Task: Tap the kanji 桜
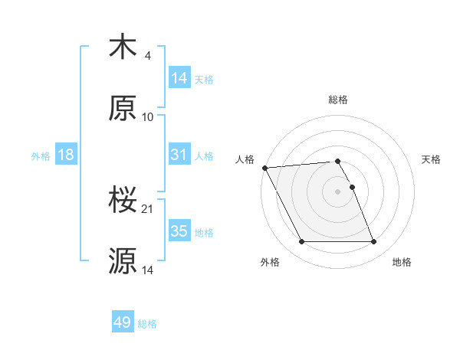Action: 123,200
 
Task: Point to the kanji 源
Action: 123,260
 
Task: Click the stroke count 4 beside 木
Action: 147,55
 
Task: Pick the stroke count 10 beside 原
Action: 148,116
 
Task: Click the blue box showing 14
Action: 179,78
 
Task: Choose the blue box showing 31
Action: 179,155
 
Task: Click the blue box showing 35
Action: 179,231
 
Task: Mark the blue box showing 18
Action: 66,155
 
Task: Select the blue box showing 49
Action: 123,322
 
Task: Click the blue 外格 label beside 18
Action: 41,155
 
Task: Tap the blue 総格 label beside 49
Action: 147,324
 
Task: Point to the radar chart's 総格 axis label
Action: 338,100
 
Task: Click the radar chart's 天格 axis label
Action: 432,159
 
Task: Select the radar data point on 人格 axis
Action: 264,168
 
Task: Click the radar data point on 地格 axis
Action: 373,242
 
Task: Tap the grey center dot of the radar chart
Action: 338,191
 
